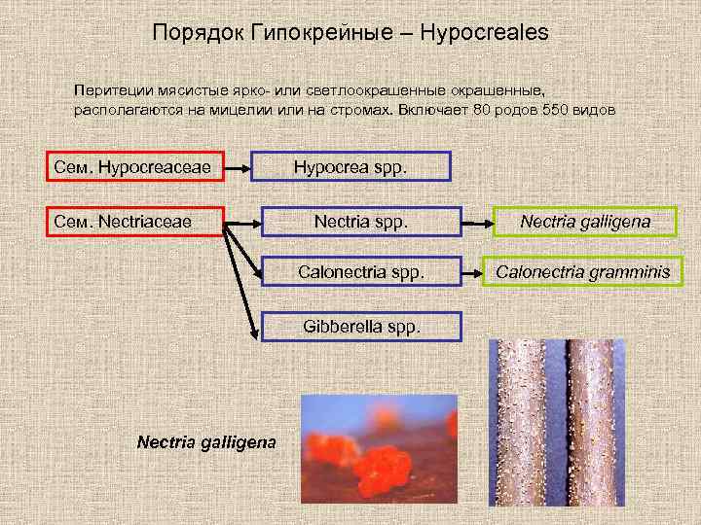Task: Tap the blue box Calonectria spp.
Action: (x=360, y=272)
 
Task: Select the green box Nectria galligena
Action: (x=584, y=223)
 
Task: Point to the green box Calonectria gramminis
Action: (x=582, y=272)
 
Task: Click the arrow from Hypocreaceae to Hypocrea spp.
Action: (x=238, y=167)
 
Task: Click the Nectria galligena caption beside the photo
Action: (x=205, y=441)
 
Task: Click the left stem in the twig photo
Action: (x=520, y=428)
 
